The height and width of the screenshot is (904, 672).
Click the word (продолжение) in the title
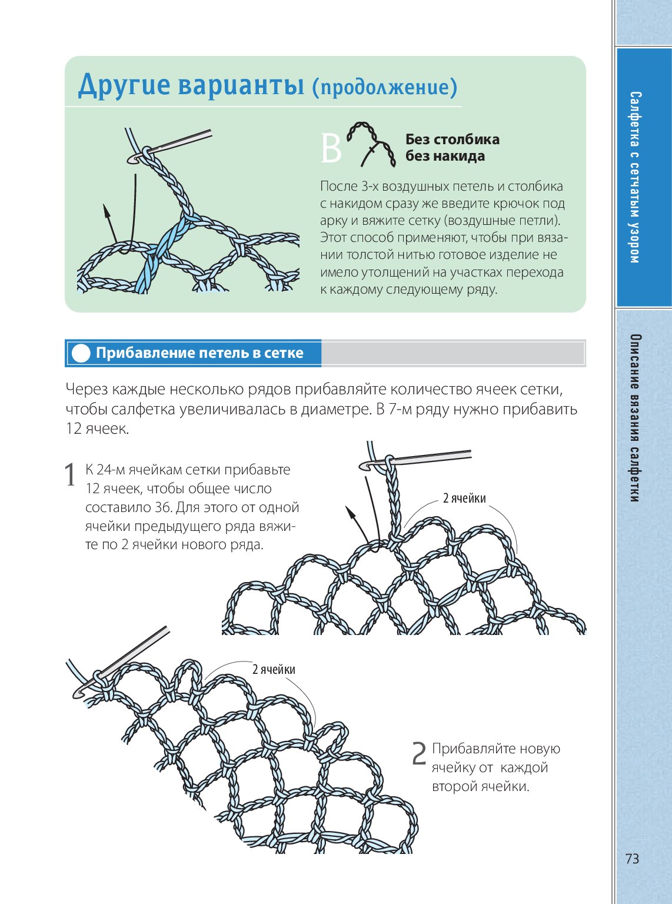point(384,87)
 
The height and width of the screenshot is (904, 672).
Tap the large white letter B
point(331,149)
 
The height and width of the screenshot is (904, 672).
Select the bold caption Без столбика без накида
point(452,148)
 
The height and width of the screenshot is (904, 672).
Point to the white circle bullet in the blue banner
point(81,353)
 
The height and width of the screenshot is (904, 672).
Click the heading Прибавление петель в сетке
point(199,353)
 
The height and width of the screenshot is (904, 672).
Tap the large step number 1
point(71,475)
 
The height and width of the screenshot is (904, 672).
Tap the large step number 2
point(419,754)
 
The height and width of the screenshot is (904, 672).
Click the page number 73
point(632,859)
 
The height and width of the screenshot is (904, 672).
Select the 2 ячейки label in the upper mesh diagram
point(464,498)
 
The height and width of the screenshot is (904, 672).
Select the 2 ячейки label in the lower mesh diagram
point(274,669)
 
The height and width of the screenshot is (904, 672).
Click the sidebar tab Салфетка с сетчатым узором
point(634,177)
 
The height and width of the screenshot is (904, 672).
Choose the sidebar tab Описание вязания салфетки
point(634,418)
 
